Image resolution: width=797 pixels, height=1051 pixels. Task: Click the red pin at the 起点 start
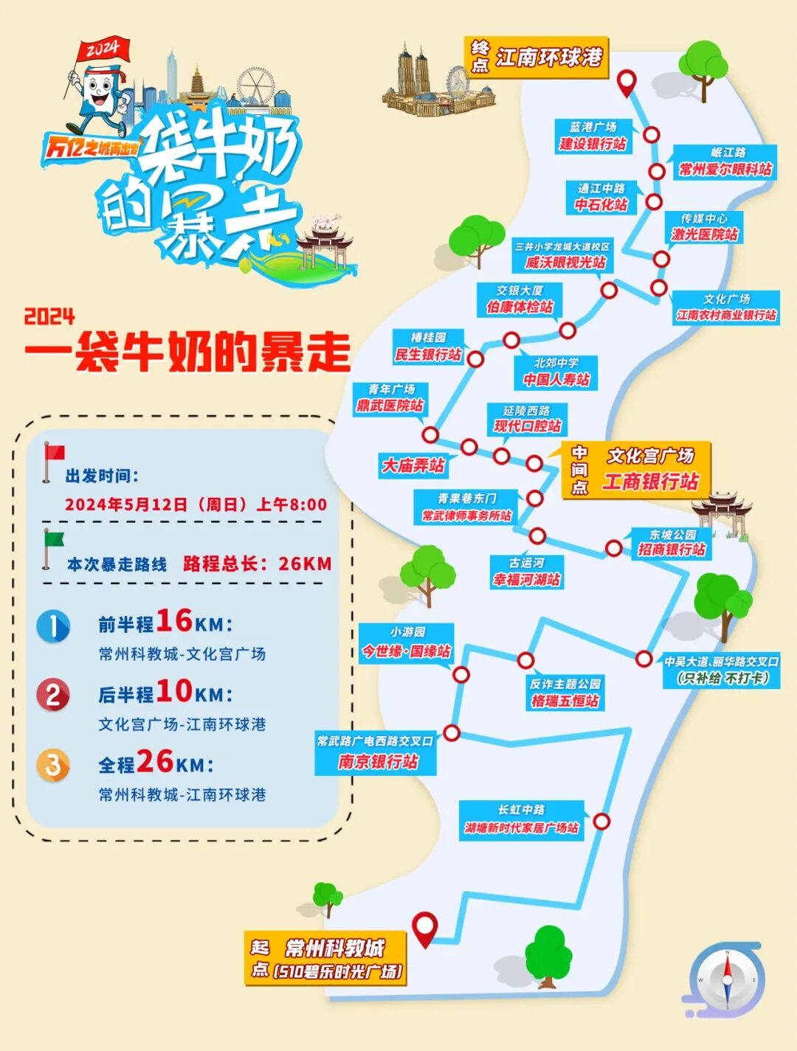click(x=425, y=927)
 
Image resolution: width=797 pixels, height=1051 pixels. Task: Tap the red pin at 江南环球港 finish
click(x=627, y=82)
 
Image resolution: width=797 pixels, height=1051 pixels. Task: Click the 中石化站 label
click(x=601, y=204)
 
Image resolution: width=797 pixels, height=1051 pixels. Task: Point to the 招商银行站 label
click(x=672, y=549)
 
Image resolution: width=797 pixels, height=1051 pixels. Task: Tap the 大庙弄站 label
click(x=413, y=465)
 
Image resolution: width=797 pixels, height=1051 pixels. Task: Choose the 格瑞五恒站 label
click(x=565, y=701)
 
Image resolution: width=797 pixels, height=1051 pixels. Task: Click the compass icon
click(x=726, y=979)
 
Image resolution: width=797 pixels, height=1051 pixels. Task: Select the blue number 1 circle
click(x=53, y=626)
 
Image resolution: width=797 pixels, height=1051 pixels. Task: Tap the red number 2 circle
click(x=53, y=695)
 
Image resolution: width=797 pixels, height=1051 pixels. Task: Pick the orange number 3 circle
click(x=53, y=765)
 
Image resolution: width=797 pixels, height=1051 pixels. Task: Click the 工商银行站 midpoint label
click(x=650, y=482)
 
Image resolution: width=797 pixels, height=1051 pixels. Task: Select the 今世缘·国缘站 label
click(x=406, y=651)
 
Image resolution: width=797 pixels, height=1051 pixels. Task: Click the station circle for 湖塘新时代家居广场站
click(x=601, y=822)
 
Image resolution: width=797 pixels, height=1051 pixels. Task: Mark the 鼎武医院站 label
click(x=390, y=405)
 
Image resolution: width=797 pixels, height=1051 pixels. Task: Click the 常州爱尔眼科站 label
click(x=725, y=170)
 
